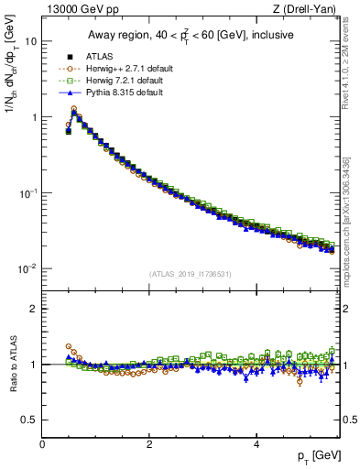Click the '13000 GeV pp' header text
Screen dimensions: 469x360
78,10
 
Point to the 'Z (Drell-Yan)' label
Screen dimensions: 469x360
310,10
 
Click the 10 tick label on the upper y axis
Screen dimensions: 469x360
30,41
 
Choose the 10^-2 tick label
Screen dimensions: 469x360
27,268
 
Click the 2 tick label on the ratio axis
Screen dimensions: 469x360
34,309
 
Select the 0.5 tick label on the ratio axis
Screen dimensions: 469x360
30,420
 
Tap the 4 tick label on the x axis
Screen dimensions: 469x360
256,444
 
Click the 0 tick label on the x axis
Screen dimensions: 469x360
42,444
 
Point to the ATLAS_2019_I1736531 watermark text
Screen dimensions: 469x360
191,274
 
